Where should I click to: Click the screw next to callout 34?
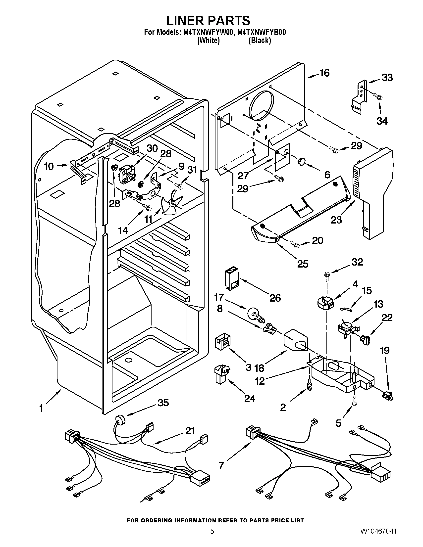[x=378, y=96]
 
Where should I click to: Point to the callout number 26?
[x=275, y=298]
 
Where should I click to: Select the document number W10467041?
[x=378, y=537]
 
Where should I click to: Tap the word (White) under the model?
[x=209, y=41]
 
